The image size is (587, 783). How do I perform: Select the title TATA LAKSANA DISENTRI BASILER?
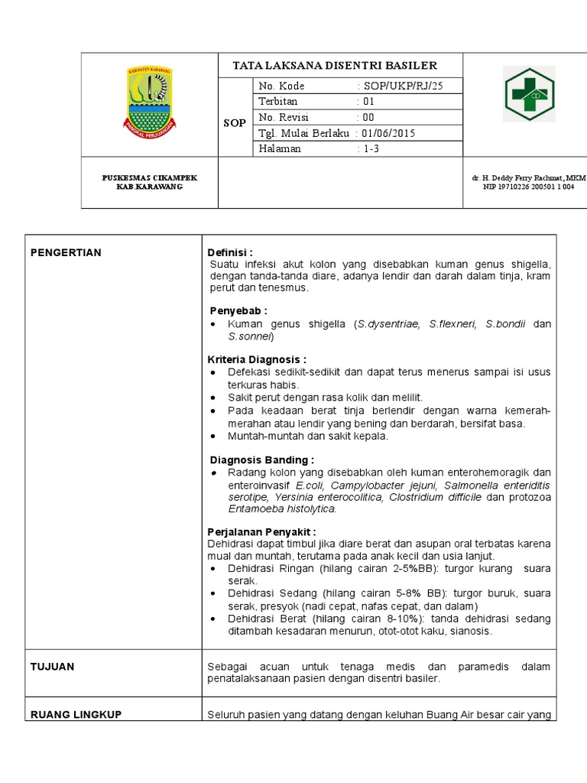[335, 66]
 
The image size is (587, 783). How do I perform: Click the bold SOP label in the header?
[235, 122]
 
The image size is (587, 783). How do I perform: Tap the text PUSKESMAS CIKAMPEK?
[150, 177]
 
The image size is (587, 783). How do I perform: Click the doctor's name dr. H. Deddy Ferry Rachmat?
[527, 177]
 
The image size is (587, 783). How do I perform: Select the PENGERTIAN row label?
[66, 253]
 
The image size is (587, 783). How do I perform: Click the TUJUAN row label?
[52, 666]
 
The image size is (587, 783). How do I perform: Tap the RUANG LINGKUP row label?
[76, 714]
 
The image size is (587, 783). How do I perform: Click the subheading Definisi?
[230, 253]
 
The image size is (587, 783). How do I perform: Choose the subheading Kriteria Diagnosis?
[257, 359]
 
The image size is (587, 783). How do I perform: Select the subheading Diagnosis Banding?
[261, 460]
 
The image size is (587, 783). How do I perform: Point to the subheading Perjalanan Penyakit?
[261, 531]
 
